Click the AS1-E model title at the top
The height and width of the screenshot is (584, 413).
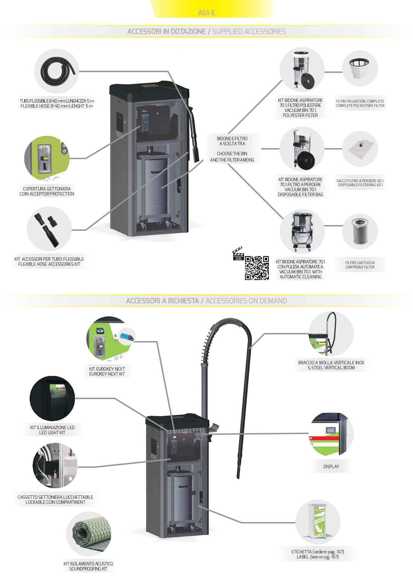tap(206, 13)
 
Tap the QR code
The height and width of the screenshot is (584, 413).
tap(257, 268)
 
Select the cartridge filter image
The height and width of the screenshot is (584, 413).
tap(360, 231)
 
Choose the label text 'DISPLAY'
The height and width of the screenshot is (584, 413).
tap(331, 466)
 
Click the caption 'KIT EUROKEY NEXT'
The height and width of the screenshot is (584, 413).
tap(107, 369)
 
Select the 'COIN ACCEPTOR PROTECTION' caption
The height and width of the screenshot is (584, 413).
tap(47, 194)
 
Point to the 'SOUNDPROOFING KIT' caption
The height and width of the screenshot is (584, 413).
tap(88, 569)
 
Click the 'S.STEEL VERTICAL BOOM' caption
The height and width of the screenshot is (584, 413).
tap(331, 368)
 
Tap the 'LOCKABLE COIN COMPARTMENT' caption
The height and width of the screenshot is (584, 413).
tap(55, 502)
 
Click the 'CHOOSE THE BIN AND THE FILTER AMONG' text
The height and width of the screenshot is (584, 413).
tap(232, 157)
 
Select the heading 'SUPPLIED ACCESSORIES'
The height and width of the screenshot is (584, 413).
tap(249, 32)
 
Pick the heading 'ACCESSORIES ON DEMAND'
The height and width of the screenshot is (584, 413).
tap(246, 301)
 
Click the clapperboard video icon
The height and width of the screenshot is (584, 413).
tap(238, 254)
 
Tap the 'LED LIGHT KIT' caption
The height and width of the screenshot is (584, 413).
tap(52, 433)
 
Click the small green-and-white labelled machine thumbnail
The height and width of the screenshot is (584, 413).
tap(317, 522)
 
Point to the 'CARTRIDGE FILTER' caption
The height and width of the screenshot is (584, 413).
tap(360, 267)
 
